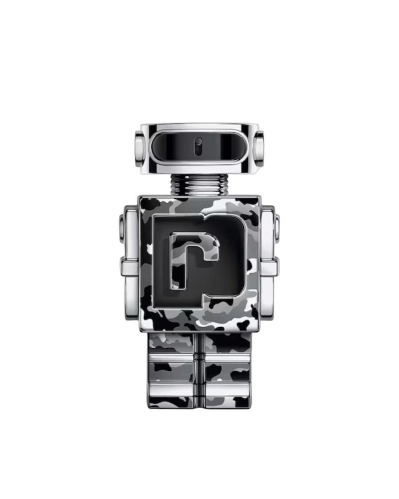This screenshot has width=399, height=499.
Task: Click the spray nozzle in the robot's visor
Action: click(x=198, y=147)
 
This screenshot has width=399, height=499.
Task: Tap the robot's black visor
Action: click(x=198, y=147)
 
